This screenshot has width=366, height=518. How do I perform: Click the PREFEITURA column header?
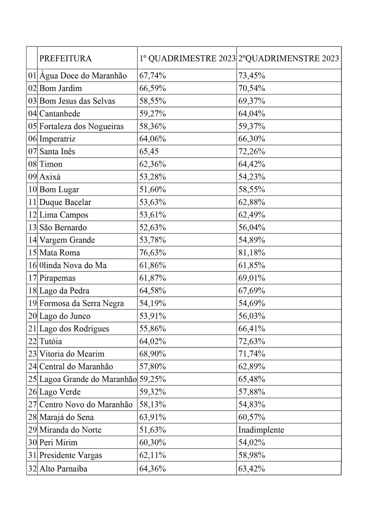click(x=65, y=58)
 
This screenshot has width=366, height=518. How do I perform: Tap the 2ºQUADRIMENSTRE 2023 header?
click(x=289, y=58)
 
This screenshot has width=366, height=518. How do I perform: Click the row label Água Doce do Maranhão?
click(x=83, y=76)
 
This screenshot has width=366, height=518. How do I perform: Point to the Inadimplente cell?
click(x=261, y=430)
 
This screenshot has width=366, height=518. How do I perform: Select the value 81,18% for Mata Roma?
click(x=252, y=253)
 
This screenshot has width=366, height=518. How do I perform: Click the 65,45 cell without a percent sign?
click(x=149, y=152)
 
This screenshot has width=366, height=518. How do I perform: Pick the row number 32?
click(x=32, y=469)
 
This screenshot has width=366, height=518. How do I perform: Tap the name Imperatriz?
click(x=57, y=139)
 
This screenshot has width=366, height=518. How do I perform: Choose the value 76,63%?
click(x=152, y=253)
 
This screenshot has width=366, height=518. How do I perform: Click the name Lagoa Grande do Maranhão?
click(x=88, y=379)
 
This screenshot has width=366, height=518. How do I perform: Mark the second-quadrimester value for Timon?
click(x=252, y=164)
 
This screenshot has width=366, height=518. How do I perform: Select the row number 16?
click(x=32, y=265)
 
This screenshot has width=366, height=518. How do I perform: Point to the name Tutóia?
click(x=50, y=341)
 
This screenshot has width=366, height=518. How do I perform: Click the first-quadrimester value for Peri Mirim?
click(x=152, y=442)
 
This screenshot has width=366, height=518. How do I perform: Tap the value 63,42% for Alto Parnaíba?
click(x=252, y=469)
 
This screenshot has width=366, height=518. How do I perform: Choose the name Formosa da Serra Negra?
click(x=82, y=303)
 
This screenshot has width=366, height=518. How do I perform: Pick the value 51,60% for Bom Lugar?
click(x=152, y=189)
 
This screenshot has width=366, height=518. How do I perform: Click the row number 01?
click(x=32, y=76)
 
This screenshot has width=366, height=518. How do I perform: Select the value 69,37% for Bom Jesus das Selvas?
click(x=252, y=101)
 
